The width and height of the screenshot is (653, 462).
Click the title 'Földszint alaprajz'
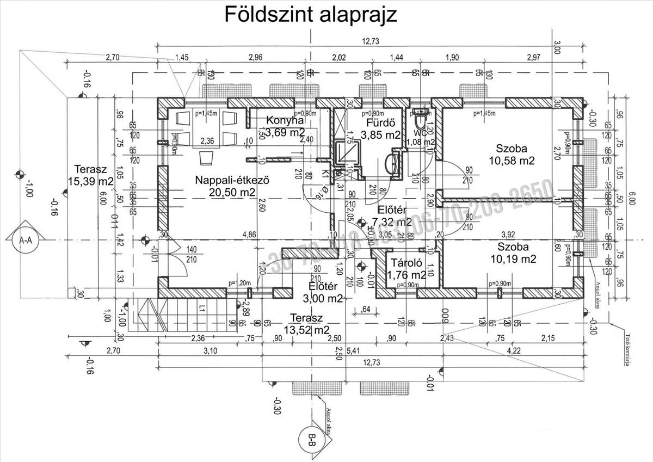click(311, 15)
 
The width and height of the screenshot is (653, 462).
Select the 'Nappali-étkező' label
click(233, 180)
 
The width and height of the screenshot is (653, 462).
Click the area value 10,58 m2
click(512, 161)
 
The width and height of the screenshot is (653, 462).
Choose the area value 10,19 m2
click(512, 259)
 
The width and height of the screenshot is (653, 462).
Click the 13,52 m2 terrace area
click(306, 330)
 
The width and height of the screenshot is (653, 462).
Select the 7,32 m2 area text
click(391, 221)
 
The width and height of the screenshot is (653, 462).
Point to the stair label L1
click(202, 309)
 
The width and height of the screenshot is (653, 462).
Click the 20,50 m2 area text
click(233, 192)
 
